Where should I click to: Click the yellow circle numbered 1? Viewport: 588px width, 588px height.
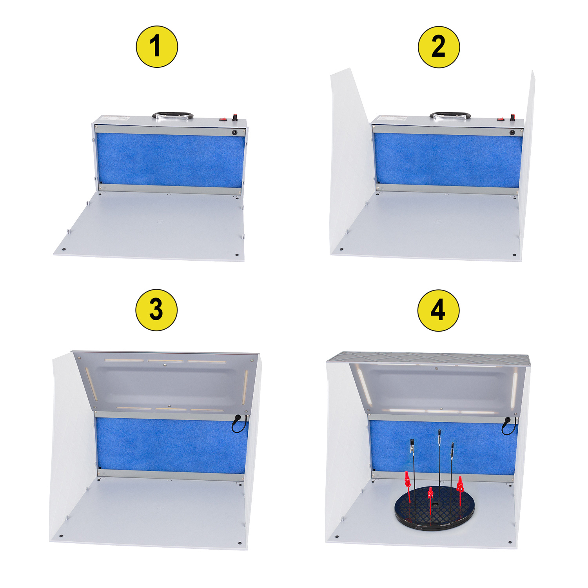point(157,47)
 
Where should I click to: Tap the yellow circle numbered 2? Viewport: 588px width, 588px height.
point(439,47)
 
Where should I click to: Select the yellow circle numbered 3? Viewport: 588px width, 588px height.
point(156,310)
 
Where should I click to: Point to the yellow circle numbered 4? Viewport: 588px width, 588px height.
point(438,310)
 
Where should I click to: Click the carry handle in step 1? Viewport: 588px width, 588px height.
point(172,115)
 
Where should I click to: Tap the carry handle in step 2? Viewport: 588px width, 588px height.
point(450,115)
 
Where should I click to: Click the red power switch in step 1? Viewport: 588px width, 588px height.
point(223,118)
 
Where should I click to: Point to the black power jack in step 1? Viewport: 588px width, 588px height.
point(234,132)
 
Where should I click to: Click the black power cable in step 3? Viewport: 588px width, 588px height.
point(239,424)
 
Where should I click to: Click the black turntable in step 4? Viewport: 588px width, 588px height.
point(435,508)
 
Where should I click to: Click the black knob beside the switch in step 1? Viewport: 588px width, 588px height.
point(235,117)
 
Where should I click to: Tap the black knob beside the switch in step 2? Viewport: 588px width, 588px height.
point(513,117)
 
